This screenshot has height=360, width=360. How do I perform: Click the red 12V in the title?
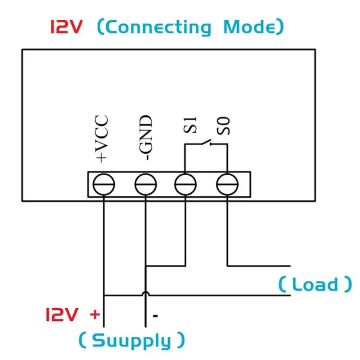click(x=66, y=27)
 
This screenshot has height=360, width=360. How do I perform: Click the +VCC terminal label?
click(x=101, y=139)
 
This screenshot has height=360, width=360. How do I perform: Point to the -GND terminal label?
click(x=145, y=138)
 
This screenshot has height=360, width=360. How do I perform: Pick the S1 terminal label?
click(x=190, y=125)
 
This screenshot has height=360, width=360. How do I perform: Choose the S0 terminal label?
click(x=223, y=126)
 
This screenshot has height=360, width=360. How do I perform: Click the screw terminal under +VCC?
click(x=104, y=184)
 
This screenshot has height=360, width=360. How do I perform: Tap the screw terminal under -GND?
click(x=145, y=184)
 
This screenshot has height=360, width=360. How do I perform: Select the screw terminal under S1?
click(x=185, y=184)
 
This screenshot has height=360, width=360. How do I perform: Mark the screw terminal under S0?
click(x=227, y=184)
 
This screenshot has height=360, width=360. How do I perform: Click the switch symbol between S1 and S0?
click(x=207, y=142)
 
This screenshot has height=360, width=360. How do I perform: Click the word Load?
click(x=315, y=284)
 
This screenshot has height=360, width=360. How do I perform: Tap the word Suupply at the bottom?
click(x=131, y=341)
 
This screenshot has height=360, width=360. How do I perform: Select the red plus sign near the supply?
click(x=95, y=314)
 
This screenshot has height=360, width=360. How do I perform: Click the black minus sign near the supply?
click(x=155, y=316)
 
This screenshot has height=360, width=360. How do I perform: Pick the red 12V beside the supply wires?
click(x=62, y=314)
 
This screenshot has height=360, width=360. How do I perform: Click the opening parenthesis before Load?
click(x=282, y=284)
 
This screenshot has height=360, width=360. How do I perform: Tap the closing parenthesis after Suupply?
click(x=181, y=340)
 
